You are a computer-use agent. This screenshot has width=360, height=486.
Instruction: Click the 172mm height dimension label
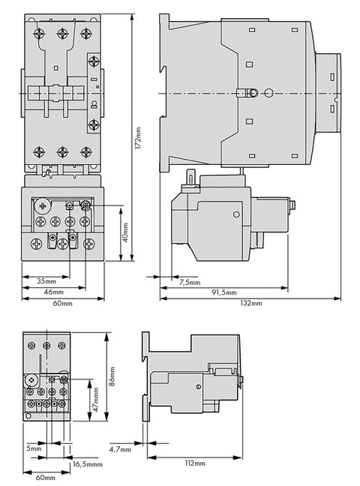[138, 138]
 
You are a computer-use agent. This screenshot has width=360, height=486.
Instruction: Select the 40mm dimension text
[125, 232]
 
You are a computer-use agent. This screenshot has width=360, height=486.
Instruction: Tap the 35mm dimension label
[46, 281]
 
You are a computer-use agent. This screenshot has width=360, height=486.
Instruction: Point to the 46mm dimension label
[54, 292]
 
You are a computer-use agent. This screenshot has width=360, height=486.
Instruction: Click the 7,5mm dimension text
[190, 282]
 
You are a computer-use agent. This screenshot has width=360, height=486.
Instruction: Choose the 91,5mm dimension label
[224, 292]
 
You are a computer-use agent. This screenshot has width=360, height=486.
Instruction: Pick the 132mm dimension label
[250, 303]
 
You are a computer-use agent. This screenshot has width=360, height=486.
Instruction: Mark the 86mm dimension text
[112, 376]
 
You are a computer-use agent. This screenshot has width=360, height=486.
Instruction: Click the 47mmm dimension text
[96, 399]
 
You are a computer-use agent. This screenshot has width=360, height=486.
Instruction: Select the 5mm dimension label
[34, 448]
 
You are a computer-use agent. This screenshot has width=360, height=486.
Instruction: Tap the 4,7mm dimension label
[120, 449]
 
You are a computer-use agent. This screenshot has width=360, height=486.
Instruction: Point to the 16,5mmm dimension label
[88, 464]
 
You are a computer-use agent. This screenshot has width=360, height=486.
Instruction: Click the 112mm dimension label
[195, 463]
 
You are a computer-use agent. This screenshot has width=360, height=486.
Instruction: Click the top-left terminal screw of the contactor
[39, 34]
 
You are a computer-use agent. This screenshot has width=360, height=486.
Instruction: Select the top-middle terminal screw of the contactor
[63, 34]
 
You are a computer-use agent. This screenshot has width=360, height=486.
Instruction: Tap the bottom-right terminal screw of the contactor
[86, 152]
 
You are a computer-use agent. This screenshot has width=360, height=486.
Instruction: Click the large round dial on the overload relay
[42, 205]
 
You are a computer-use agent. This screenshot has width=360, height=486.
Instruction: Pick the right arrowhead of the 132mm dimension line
[337, 298]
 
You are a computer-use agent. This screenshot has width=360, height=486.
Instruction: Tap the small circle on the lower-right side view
[199, 386]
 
